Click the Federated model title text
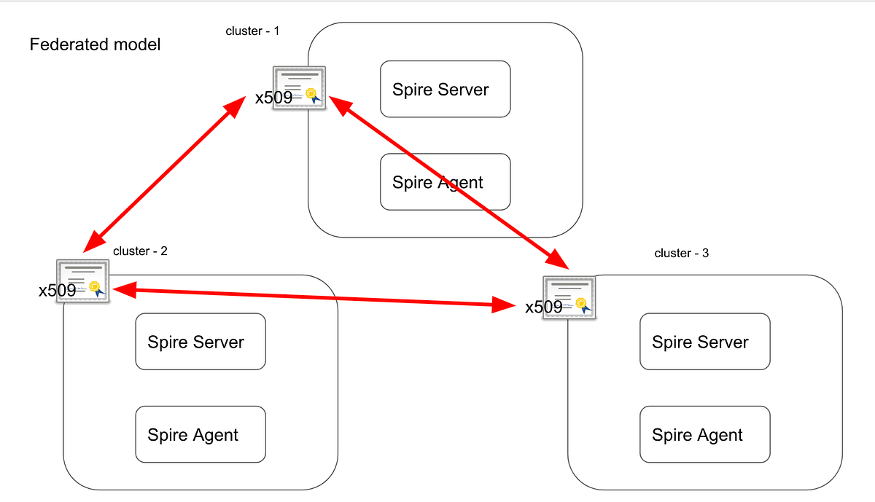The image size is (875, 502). tap(95, 44)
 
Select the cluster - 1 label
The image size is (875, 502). tap(252, 31)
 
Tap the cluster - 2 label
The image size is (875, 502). tap(140, 251)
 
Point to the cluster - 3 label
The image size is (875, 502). tap(681, 254)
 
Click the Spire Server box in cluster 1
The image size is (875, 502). tap(445, 90)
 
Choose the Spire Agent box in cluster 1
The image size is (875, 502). tap(445, 182)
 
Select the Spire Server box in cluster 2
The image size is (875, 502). tap(201, 342)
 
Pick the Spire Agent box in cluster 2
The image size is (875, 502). tap(201, 435)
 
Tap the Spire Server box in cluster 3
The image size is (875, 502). tap(704, 342)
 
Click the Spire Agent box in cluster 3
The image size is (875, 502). tap(704, 435)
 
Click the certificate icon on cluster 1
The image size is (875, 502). tap(300, 88)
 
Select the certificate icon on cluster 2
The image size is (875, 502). tap(83, 281)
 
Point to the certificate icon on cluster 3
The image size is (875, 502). tap(569, 297)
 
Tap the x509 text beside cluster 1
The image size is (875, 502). tap(273, 98)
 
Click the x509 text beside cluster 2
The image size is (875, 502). tap(57, 291)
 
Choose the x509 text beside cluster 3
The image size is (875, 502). tap(544, 307)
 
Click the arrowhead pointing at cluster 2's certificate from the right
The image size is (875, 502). tap(122, 290)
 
